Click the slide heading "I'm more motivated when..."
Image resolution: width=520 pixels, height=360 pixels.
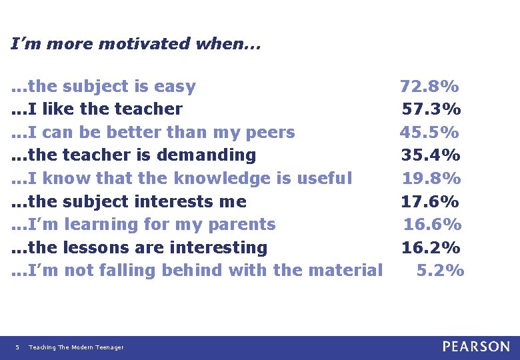click(x=136, y=44)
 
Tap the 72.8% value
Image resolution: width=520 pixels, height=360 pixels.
click(x=429, y=86)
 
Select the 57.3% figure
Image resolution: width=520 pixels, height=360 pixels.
click(x=431, y=109)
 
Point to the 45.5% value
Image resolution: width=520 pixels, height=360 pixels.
click(x=429, y=132)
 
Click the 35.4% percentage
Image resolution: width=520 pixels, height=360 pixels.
click(x=431, y=155)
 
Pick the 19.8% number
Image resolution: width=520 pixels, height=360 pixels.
click(x=431, y=178)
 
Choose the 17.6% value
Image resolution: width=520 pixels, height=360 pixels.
click(x=430, y=201)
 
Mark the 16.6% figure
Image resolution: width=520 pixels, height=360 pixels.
click(x=433, y=224)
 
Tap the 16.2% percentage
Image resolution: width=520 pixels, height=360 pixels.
click(x=431, y=247)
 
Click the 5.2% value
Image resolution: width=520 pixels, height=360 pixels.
click(x=440, y=270)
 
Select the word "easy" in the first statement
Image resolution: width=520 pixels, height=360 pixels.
click(x=175, y=87)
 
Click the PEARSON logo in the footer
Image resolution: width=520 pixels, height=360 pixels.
click(x=476, y=347)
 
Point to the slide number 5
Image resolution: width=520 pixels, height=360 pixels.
click(x=17, y=347)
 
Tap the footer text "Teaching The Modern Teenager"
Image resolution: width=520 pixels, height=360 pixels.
click(x=76, y=347)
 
